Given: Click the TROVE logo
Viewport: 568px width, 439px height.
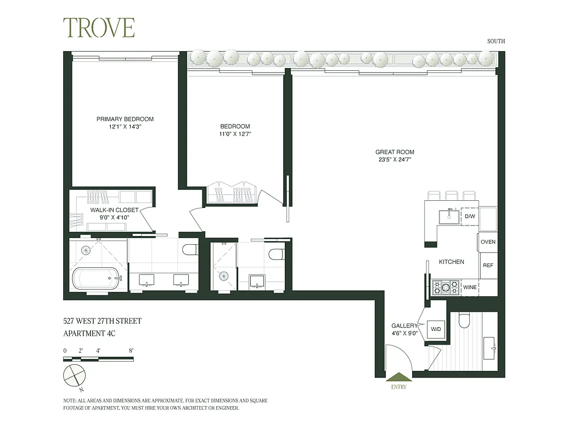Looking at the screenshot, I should pyautogui.click(x=99, y=28).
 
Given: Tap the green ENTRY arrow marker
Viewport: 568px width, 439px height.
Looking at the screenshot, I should pyautogui.click(x=399, y=377).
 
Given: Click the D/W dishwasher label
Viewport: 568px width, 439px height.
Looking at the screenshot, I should pyautogui.click(x=469, y=217).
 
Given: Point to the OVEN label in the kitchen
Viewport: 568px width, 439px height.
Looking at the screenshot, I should pyautogui.click(x=488, y=242).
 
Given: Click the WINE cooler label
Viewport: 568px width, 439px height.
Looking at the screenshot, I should pyautogui.click(x=470, y=287).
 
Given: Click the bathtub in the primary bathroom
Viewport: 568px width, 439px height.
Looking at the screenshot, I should pyautogui.click(x=96, y=278).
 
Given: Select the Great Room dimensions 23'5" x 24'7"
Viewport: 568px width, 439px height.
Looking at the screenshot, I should pyautogui.click(x=395, y=160).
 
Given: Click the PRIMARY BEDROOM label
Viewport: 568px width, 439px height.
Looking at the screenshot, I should pyautogui.click(x=125, y=119).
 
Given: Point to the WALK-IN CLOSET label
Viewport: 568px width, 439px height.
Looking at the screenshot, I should pyautogui.click(x=115, y=210).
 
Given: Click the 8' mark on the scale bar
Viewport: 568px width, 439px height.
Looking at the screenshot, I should pyautogui.click(x=131, y=350).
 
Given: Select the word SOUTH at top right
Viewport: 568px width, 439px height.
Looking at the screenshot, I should pyautogui.click(x=496, y=41).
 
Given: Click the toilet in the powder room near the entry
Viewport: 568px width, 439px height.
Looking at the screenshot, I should pyautogui.click(x=464, y=320).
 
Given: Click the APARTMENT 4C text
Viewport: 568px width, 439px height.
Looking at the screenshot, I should pyautogui.click(x=91, y=333).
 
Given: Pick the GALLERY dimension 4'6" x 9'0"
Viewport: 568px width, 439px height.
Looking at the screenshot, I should pyautogui.click(x=406, y=333).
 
